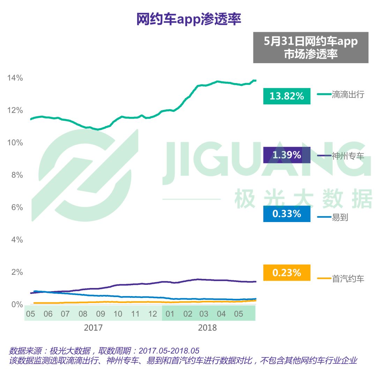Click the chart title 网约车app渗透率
pos(188,20)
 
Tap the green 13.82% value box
pos(287,96)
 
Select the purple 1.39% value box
pos(287,155)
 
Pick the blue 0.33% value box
pos(287,214)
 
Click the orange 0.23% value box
pos(287,273)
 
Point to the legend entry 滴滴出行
pos(348,94)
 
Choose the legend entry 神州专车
pos(348,156)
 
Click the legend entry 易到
pos(340,217)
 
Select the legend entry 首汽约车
pos(348,279)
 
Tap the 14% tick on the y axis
pos(15,78)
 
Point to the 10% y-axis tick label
pos(15,143)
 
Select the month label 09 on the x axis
pos(101,314)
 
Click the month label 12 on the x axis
pos(153,314)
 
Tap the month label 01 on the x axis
pos(170,314)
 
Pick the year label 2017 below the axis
pos(93,328)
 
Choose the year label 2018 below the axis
pos(207,328)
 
